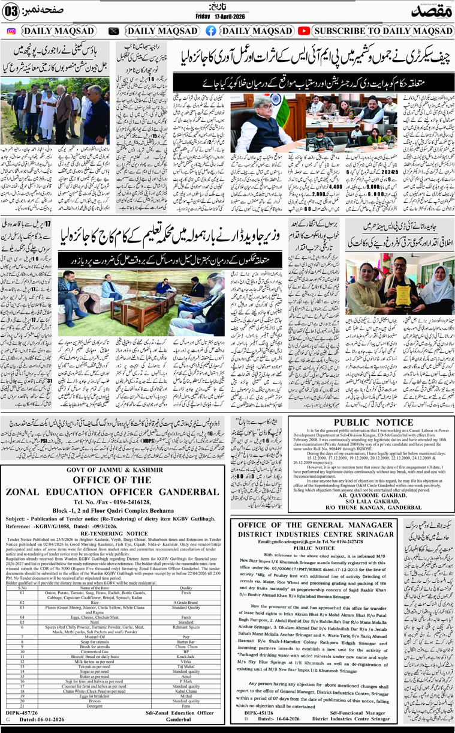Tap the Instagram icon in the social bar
pyautogui.click(x=11, y=31)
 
